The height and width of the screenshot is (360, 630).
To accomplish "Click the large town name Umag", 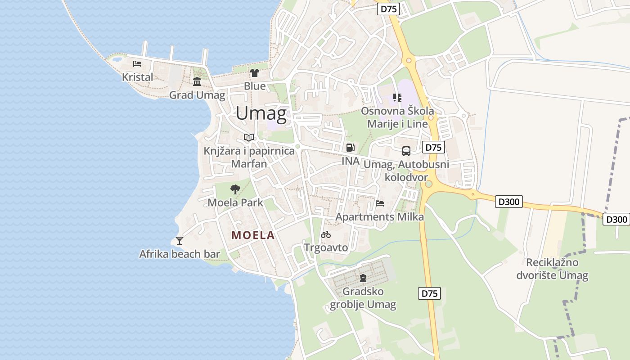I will click(x=261, y=113).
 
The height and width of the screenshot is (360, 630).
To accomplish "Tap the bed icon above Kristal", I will click(x=137, y=64).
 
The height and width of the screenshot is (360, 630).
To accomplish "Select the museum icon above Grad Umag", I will click(x=197, y=81).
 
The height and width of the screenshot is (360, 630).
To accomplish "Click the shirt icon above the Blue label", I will click(x=255, y=73).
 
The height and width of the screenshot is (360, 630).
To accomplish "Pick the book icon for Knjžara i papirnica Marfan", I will click(x=249, y=137).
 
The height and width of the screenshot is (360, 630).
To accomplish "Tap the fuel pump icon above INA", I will click(x=350, y=148).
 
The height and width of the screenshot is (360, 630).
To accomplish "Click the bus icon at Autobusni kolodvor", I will click(x=406, y=151).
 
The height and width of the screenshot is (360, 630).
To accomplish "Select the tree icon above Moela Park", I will click(x=235, y=189).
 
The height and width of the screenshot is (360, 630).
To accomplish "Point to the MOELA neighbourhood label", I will click(x=253, y=235).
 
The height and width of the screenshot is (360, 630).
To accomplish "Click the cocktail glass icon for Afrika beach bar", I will click(x=180, y=241).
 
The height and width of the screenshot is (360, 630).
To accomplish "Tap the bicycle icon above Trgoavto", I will click(x=326, y=234).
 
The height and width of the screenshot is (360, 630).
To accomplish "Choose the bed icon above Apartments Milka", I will click(x=380, y=203).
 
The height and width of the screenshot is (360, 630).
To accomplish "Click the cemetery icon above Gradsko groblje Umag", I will click(x=363, y=278).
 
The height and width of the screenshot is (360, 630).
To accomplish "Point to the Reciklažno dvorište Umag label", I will click(x=552, y=269).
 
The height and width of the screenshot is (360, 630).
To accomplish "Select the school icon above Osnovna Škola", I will click(x=397, y=97).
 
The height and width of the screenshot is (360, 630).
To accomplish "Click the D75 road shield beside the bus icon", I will click(x=433, y=147).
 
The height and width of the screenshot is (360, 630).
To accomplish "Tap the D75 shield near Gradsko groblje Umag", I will click(x=429, y=293).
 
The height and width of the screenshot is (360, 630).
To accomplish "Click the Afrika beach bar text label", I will click(x=180, y=254).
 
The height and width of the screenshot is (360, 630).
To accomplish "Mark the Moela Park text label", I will click(x=235, y=202).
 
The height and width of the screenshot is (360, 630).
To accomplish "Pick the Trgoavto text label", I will click(x=326, y=247).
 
